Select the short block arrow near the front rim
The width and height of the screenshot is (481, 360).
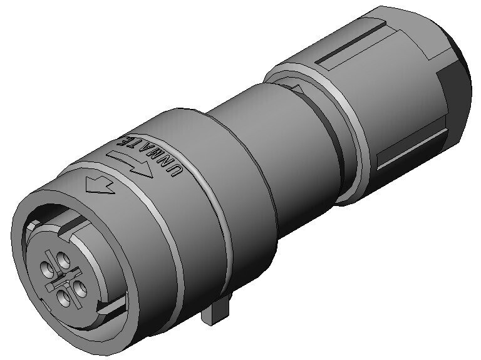[x=100, y=186]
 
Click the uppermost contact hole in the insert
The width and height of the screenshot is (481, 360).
[x=63, y=259]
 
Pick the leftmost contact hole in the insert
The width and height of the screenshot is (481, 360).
[x=47, y=269]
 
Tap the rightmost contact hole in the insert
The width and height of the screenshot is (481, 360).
[x=80, y=288]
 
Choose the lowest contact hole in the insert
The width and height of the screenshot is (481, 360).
[x=64, y=298]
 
